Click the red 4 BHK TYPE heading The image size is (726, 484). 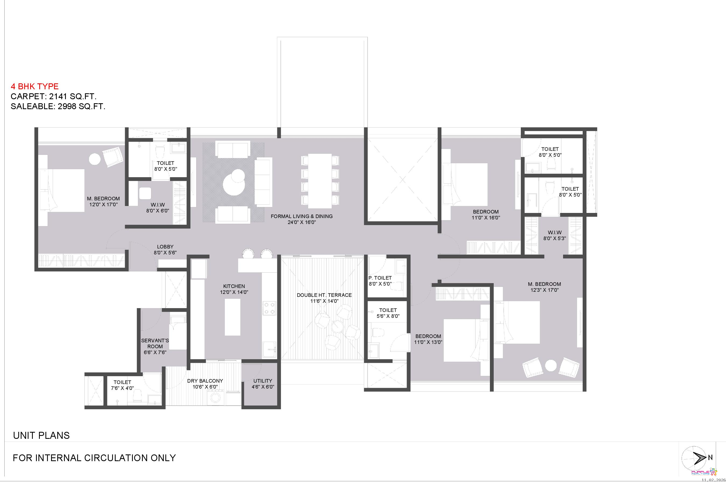pyautogui.click(x=35, y=86)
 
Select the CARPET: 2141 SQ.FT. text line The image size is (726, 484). pyautogui.click(x=54, y=96)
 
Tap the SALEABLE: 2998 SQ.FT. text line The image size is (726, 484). pyautogui.click(x=58, y=106)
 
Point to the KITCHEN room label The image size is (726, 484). pyautogui.click(x=234, y=286)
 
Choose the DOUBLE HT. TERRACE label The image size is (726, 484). pyautogui.click(x=324, y=295)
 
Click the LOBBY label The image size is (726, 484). pyautogui.click(x=165, y=247)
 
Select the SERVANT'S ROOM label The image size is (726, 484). pyautogui.click(x=155, y=344)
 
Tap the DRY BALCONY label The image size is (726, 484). pyautogui.click(x=205, y=381)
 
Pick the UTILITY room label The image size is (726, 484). pyautogui.click(x=263, y=381)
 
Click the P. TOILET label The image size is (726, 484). pyautogui.click(x=380, y=278)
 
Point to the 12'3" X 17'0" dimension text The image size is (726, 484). pyautogui.click(x=544, y=290)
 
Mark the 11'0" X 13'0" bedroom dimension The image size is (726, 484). pyautogui.click(x=428, y=342)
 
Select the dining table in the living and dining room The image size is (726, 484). pyautogui.click(x=320, y=181)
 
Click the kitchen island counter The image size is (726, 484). pyautogui.click(x=232, y=317)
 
